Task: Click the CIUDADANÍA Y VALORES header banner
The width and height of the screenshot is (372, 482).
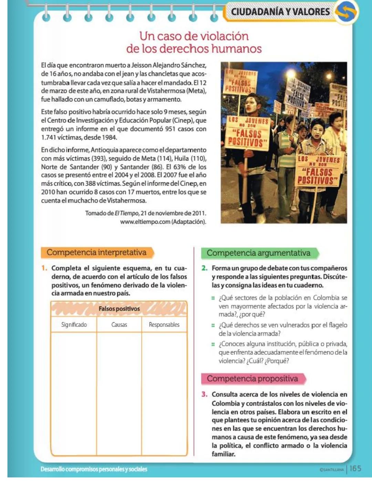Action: pos(280,12)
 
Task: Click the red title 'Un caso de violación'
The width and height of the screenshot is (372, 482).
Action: pos(194,36)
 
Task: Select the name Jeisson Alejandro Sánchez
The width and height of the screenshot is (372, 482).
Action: pos(169,65)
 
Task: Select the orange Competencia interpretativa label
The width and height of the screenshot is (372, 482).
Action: pos(96,253)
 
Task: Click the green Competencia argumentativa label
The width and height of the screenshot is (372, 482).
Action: pos(258,253)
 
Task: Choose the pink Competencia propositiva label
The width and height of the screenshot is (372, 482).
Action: pos(252,378)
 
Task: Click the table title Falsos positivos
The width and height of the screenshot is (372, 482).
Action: pos(119,309)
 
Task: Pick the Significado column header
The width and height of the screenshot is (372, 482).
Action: pos(74,325)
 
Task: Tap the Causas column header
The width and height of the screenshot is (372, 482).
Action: pos(119,325)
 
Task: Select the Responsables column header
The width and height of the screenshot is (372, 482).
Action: pos(164,325)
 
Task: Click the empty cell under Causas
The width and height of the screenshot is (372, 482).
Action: pos(119,393)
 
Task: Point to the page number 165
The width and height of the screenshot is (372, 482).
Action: pos(355,469)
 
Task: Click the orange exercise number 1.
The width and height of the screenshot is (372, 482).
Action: pos(44,268)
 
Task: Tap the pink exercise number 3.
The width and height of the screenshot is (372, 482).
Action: pos(204,394)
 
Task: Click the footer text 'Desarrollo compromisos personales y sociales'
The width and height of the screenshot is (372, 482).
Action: pos(94,469)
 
